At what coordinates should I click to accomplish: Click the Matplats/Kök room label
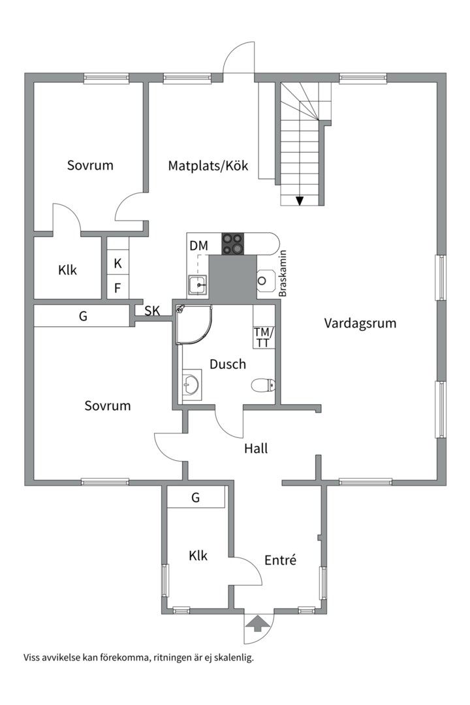[208, 166]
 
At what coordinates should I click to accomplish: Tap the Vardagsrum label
[360, 323]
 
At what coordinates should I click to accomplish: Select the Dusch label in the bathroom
[228, 364]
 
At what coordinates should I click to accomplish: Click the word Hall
[256, 448]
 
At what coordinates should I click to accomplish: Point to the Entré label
[281, 559]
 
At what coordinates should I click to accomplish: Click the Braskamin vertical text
[283, 274]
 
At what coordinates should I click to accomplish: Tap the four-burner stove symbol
[232, 243]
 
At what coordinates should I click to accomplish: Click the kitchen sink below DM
[198, 285]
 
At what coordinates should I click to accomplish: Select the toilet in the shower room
[264, 386]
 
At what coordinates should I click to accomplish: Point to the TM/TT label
[264, 337]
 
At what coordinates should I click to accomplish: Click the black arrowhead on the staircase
[300, 200]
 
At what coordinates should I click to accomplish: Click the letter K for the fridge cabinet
[117, 264]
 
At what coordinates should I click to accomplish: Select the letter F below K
[117, 287]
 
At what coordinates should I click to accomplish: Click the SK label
[152, 311]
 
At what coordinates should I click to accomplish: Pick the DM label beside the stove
[198, 246]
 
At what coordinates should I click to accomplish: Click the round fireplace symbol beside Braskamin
[263, 280]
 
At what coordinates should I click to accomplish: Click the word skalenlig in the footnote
[232, 657]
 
